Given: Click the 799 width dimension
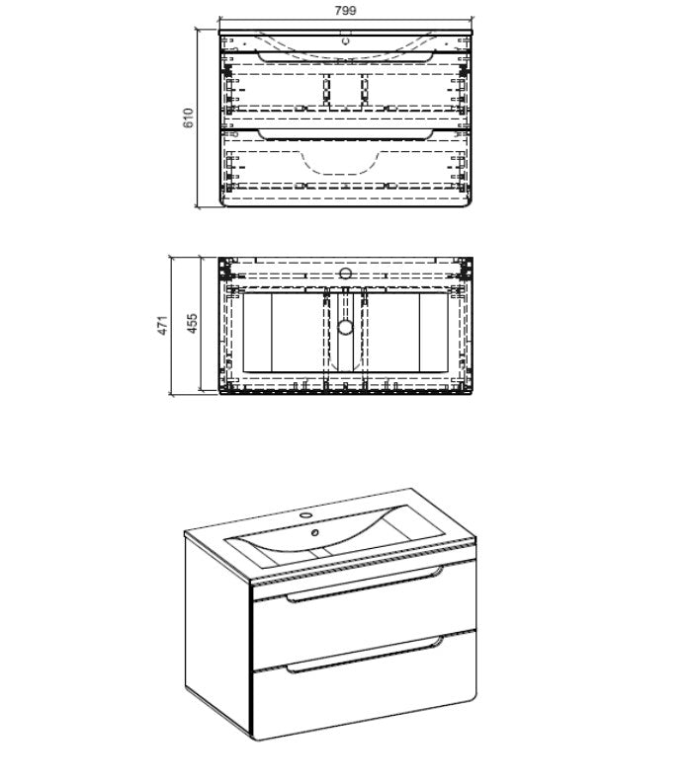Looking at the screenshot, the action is [346, 11].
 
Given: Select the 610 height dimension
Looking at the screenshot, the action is [188, 118].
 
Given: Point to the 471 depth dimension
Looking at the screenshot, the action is [163, 326].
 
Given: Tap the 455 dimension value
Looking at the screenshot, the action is [192, 324].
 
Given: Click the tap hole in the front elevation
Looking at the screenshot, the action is [346, 41].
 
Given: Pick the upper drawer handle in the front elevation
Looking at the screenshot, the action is [345, 56].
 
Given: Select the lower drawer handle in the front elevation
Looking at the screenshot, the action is [345, 135].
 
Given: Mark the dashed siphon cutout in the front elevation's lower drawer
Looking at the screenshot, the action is [340, 162].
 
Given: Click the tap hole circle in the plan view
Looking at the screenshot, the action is [346, 273].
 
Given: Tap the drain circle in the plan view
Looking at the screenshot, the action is [345, 328].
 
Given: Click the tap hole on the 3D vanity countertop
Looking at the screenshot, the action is [304, 514].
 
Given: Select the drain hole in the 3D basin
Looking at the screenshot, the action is [315, 532].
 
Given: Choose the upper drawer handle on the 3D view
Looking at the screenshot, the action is [365, 584].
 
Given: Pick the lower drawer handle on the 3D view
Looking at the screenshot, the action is [365, 653].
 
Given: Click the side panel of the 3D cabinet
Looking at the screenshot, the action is [217, 630].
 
